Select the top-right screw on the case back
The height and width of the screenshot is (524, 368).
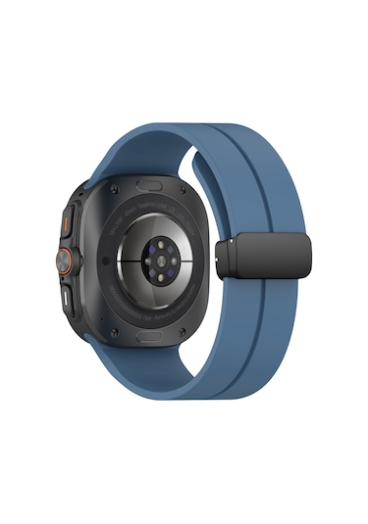(202, 182)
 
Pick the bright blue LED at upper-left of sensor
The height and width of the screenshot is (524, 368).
(146, 246)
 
